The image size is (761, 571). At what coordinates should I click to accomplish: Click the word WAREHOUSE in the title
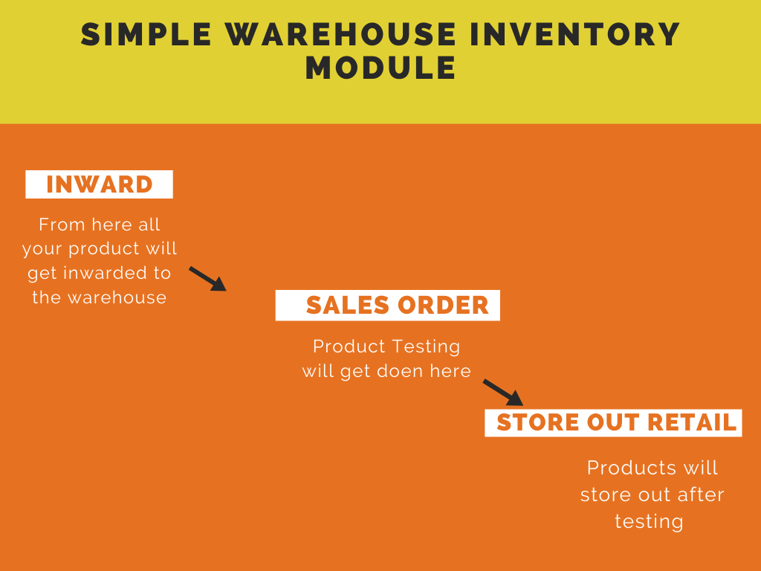tap(340, 34)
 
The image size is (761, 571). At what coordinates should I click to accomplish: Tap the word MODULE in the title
tap(381, 68)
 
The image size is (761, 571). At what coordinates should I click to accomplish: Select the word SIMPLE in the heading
tap(146, 34)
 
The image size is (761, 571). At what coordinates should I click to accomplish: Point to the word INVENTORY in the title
tap(575, 34)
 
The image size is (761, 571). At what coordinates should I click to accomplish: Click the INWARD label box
tap(99, 184)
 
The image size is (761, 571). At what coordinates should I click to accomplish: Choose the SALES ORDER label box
tap(387, 305)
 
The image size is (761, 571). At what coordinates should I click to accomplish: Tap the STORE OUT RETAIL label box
tap(613, 422)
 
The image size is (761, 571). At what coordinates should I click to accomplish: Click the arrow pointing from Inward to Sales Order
tap(208, 279)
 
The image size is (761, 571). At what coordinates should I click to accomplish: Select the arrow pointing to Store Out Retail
tap(503, 393)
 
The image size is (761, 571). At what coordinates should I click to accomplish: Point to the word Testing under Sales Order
tap(426, 347)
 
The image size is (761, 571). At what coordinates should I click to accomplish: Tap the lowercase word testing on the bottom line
tap(649, 522)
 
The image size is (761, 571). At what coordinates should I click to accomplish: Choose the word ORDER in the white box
tap(443, 306)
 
